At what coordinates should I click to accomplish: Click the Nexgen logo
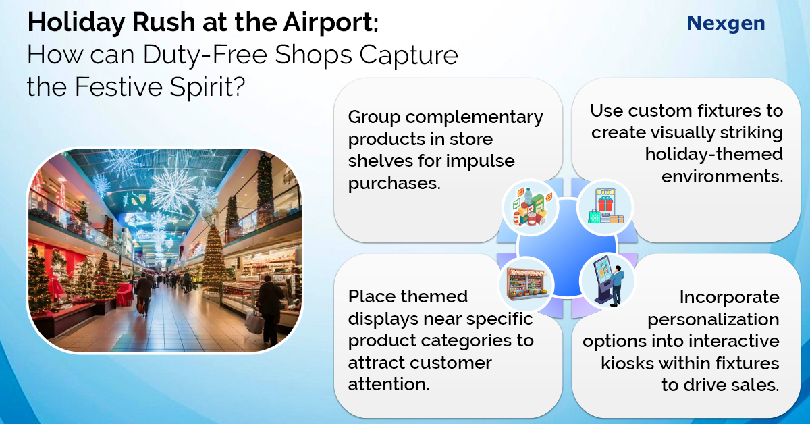[726, 24]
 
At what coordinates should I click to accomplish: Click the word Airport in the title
[331, 23]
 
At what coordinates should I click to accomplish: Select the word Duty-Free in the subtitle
[205, 55]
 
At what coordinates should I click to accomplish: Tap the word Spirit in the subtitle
[208, 87]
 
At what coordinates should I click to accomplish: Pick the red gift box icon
[605, 207]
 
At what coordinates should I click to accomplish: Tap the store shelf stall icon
[527, 284]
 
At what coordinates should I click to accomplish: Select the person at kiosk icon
[608, 280]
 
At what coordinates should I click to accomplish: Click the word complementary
[474, 118]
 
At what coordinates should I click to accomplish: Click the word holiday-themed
[714, 154]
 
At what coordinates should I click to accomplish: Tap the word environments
[722, 176]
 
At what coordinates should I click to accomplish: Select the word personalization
[713, 320]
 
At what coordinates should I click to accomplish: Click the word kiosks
[627, 363]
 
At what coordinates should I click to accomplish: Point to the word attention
[389, 384]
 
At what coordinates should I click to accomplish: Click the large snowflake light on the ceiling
[173, 189]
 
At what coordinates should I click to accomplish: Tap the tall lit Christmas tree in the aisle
[213, 257]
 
